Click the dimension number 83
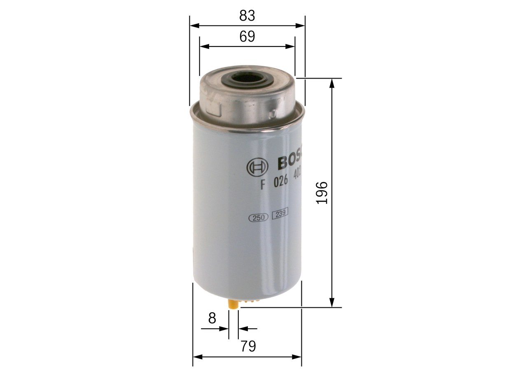(247, 16)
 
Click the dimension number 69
(247, 37)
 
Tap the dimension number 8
(212, 318)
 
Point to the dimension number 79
(248, 346)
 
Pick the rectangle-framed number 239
(280, 213)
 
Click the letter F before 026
(261, 184)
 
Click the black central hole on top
(247, 78)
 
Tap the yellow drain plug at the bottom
(233, 305)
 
